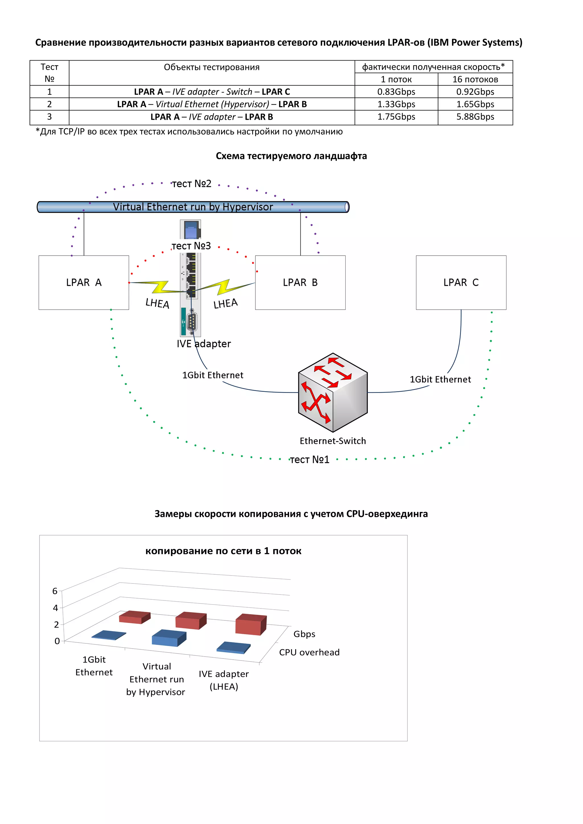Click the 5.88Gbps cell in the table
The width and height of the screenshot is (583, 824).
point(475,117)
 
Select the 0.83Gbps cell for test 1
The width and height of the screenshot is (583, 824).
point(396,92)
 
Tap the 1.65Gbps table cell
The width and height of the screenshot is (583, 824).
point(475,104)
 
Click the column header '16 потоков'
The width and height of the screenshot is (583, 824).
point(475,79)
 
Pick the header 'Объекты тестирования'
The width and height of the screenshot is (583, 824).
point(212,67)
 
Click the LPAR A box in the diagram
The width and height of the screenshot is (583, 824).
point(84,282)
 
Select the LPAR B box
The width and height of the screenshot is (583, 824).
point(300,282)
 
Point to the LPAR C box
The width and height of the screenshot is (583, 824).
point(461,282)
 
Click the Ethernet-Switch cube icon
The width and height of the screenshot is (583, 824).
point(332,392)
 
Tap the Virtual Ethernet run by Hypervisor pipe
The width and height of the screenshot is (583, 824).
point(193,207)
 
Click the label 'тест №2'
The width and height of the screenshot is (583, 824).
point(192,184)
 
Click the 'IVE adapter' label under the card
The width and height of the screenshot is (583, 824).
point(204,344)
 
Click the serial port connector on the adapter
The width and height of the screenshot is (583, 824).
point(192,321)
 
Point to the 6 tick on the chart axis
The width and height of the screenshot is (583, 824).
point(55,591)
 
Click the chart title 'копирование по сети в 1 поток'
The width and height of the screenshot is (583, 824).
point(223,551)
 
